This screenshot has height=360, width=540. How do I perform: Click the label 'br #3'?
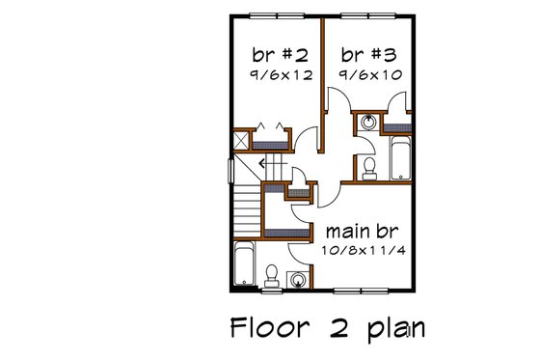pyautogui.click(x=365, y=53)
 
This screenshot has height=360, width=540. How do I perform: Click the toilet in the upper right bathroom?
pyautogui.click(x=369, y=169)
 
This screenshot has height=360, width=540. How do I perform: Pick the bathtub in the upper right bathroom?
pyautogui.click(x=399, y=158)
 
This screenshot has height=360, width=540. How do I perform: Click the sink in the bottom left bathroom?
pyautogui.click(x=300, y=279)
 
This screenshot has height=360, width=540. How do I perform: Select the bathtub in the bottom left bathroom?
pyautogui.click(x=245, y=264)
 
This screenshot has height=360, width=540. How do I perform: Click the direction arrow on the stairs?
pyautogui.click(x=262, y=165)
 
